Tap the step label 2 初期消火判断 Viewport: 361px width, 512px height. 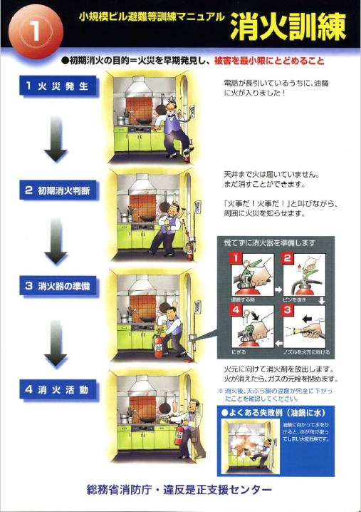click(58, 191)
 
